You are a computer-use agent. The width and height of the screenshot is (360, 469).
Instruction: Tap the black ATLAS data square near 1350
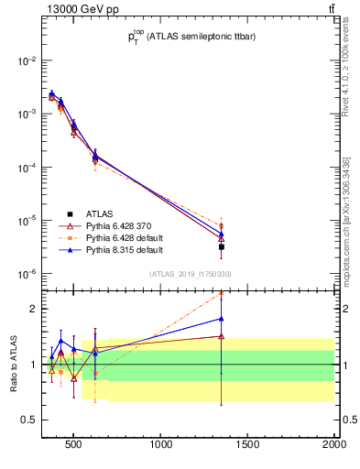(x=222, y=246)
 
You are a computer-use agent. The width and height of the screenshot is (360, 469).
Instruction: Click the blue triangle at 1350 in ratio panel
(x=222, y=319)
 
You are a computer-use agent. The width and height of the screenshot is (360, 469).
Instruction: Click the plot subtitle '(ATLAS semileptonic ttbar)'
(x=192, y=38)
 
